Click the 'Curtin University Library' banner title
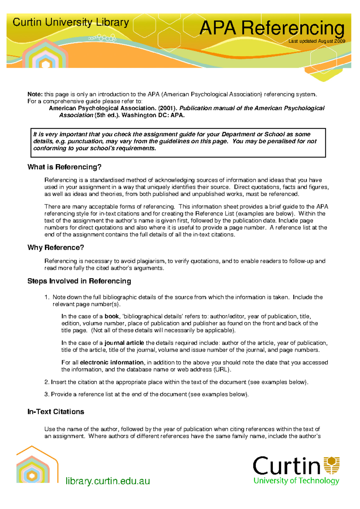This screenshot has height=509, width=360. pyautogui.click(x=71, y=22)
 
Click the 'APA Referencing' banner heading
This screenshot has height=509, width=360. pyautogui.click(x=272, y=28)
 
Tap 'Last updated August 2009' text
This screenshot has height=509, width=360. pyautogui.click(x=316, y=41)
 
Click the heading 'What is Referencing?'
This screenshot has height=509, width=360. pyautogui.click(x=64, y=167)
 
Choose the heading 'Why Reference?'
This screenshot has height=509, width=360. pyautogui.click(x=55, y=248)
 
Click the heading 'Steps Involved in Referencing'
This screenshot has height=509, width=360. pyautogui.click(x=79, y=281)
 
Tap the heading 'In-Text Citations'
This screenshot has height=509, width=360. pyautogui.click(x=55, y=412)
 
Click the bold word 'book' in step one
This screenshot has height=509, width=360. pyautogui.click(x=112, y=316)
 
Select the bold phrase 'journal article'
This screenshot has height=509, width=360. pyautogui.click(x=124, y=343)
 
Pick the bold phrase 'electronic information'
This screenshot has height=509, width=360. pyautogui.click(x=112, y=362)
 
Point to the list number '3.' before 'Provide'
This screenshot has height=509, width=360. pyautogui.click(x=46, y=394)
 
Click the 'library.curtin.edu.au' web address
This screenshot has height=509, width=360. pyautogui.click(x=108, y=481)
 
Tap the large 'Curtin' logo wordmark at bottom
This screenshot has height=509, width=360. pyautogui.click(x=286, y=466)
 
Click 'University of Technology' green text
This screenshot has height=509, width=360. pyautogui.click(x=296, y=481)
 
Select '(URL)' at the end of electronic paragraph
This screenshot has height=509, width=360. pyautogui.click(x=222, y=370)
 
